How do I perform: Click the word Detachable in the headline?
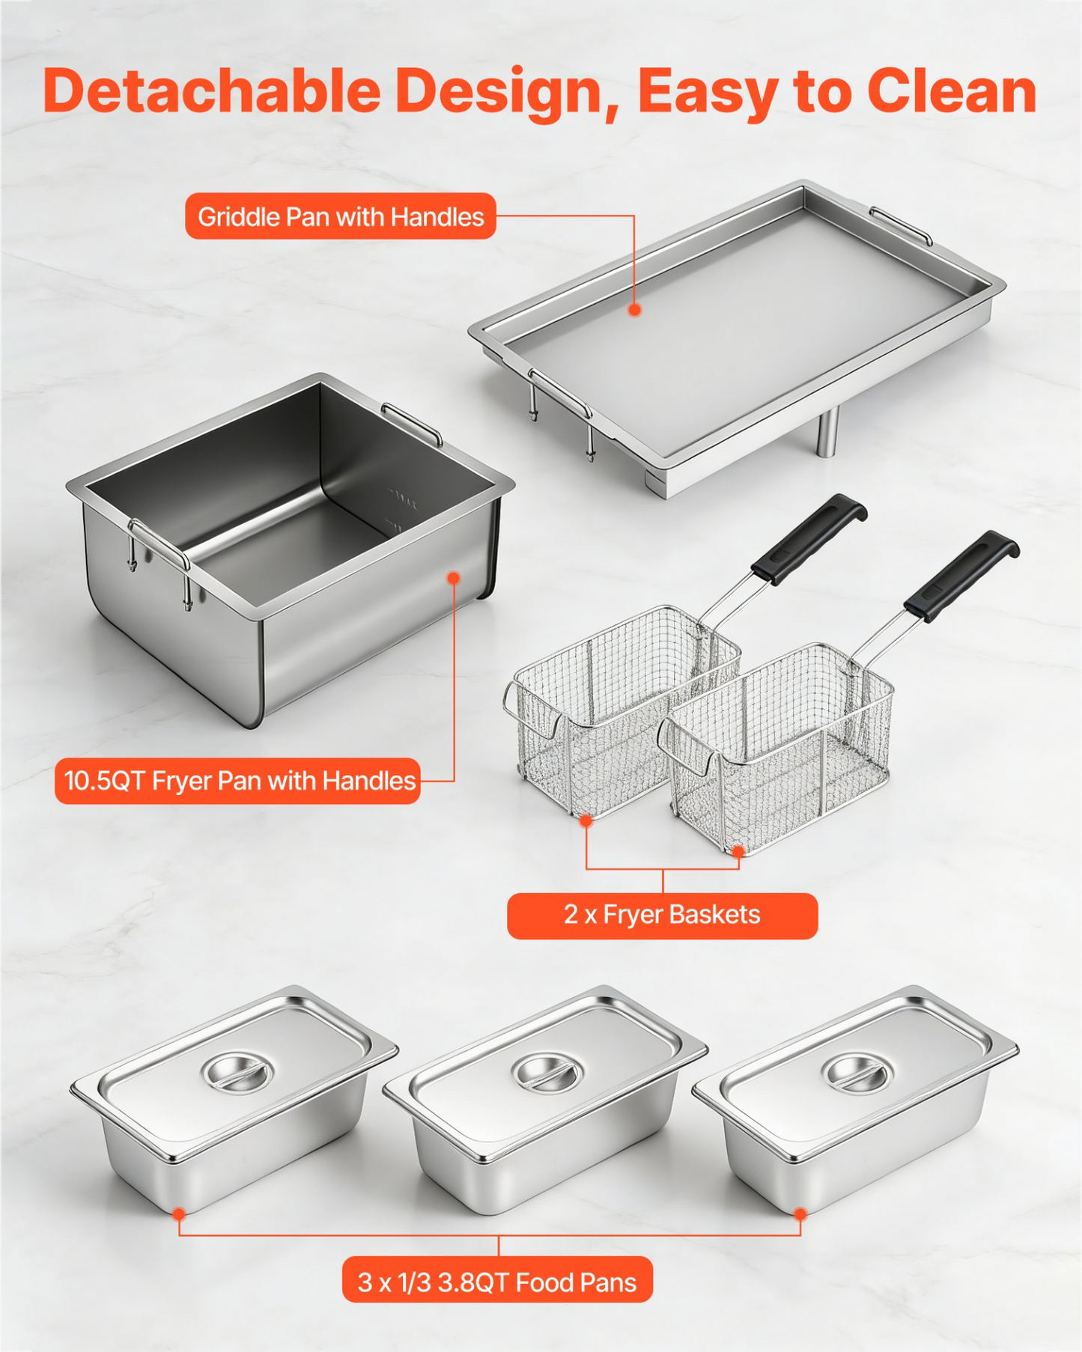[212, 91]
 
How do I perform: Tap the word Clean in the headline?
[952, 91]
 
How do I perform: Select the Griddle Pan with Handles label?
[341, 216]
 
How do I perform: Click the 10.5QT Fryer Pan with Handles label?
[237, 781]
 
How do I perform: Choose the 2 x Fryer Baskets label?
[662, 915]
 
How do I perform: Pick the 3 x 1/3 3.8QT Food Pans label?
[497, 1282]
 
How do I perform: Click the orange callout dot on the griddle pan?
[635, 309]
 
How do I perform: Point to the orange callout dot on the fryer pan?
[453, 578]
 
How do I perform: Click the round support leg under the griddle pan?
[827, 432]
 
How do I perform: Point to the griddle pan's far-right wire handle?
[901, 225]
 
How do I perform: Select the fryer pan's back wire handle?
[412, 423]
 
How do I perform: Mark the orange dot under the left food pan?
[179, 1214]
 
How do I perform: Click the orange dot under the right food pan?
[800, 1214]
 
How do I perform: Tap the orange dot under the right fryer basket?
[738, 852]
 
